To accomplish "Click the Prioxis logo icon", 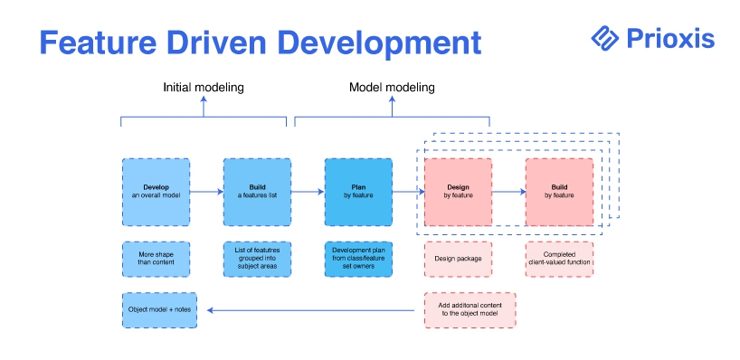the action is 604,38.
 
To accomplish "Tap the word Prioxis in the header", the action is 670,39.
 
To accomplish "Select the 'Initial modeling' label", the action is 204,88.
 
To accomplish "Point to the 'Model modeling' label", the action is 392,88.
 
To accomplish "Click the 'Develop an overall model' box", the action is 157,192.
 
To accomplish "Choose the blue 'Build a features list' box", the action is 257,192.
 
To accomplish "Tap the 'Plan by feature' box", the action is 358,192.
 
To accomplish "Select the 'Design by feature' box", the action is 459,192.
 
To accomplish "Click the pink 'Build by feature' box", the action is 559,192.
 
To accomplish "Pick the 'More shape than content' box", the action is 157,259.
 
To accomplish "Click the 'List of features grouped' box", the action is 257,259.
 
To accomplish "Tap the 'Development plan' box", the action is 358,259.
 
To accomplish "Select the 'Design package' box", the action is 459,259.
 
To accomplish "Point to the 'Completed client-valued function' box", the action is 559,259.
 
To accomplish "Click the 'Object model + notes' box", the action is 159,310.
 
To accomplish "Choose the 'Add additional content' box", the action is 470,310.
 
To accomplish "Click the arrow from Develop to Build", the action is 206,192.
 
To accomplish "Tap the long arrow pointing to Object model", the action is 311,310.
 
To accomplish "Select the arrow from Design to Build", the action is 509,192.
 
